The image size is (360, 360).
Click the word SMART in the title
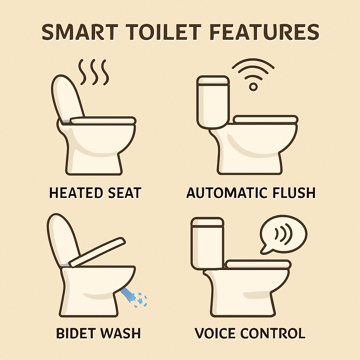click(80, 32)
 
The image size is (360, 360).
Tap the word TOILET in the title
click(163, 32)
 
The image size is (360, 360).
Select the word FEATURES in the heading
click(264, 32)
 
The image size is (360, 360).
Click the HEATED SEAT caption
click(95, 193)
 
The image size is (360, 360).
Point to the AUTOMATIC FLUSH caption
click(251, 193)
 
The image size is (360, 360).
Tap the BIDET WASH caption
click(98, 333)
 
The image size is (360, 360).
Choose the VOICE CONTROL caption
click(250, 333)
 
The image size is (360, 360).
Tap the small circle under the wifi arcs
click(253, 87)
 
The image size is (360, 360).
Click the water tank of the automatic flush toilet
click(213, 102)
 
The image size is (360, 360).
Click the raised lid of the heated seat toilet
click(67, 99)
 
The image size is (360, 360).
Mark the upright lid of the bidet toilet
click(63, 240)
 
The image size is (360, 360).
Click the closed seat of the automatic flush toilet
click(266, 120)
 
